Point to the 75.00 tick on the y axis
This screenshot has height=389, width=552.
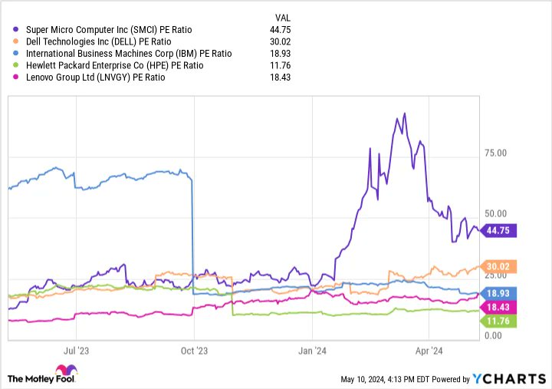(496, 153)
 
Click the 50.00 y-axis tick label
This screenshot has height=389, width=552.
(496, 214)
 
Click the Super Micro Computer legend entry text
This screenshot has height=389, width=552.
(107, 29)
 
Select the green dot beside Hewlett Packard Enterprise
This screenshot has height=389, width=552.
(17, 65)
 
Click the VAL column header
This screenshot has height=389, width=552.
(283, 17)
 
